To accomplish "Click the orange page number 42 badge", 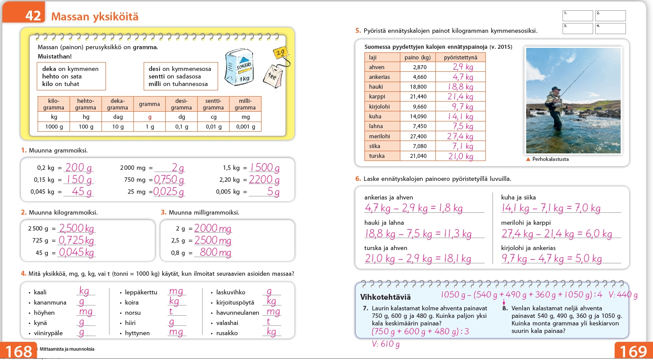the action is tap(24, 12).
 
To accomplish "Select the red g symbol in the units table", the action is tap(149, 117).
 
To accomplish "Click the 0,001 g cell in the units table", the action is tap(246, 126).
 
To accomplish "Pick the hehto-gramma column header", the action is tap(86, 104).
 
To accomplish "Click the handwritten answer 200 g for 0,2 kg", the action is tap(78, 167).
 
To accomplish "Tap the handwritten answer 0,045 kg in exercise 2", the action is tap(77, 252).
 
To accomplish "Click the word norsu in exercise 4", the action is tap(133, 313).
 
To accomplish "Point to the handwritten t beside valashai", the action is tap(268, 321).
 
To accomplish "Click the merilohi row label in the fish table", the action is tap(379, 136).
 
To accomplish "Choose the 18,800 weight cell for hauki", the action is tap(418, 86).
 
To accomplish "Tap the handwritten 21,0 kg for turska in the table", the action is tap(461, 156).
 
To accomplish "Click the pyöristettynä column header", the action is tap(461, 58).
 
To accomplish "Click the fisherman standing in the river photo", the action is tap(555, 108).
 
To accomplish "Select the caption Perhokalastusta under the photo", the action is tap(550, 159).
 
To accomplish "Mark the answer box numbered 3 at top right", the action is tap(578, 28).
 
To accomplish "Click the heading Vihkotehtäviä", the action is tap(385, 297).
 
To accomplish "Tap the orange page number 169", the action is tap(633, 351).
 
